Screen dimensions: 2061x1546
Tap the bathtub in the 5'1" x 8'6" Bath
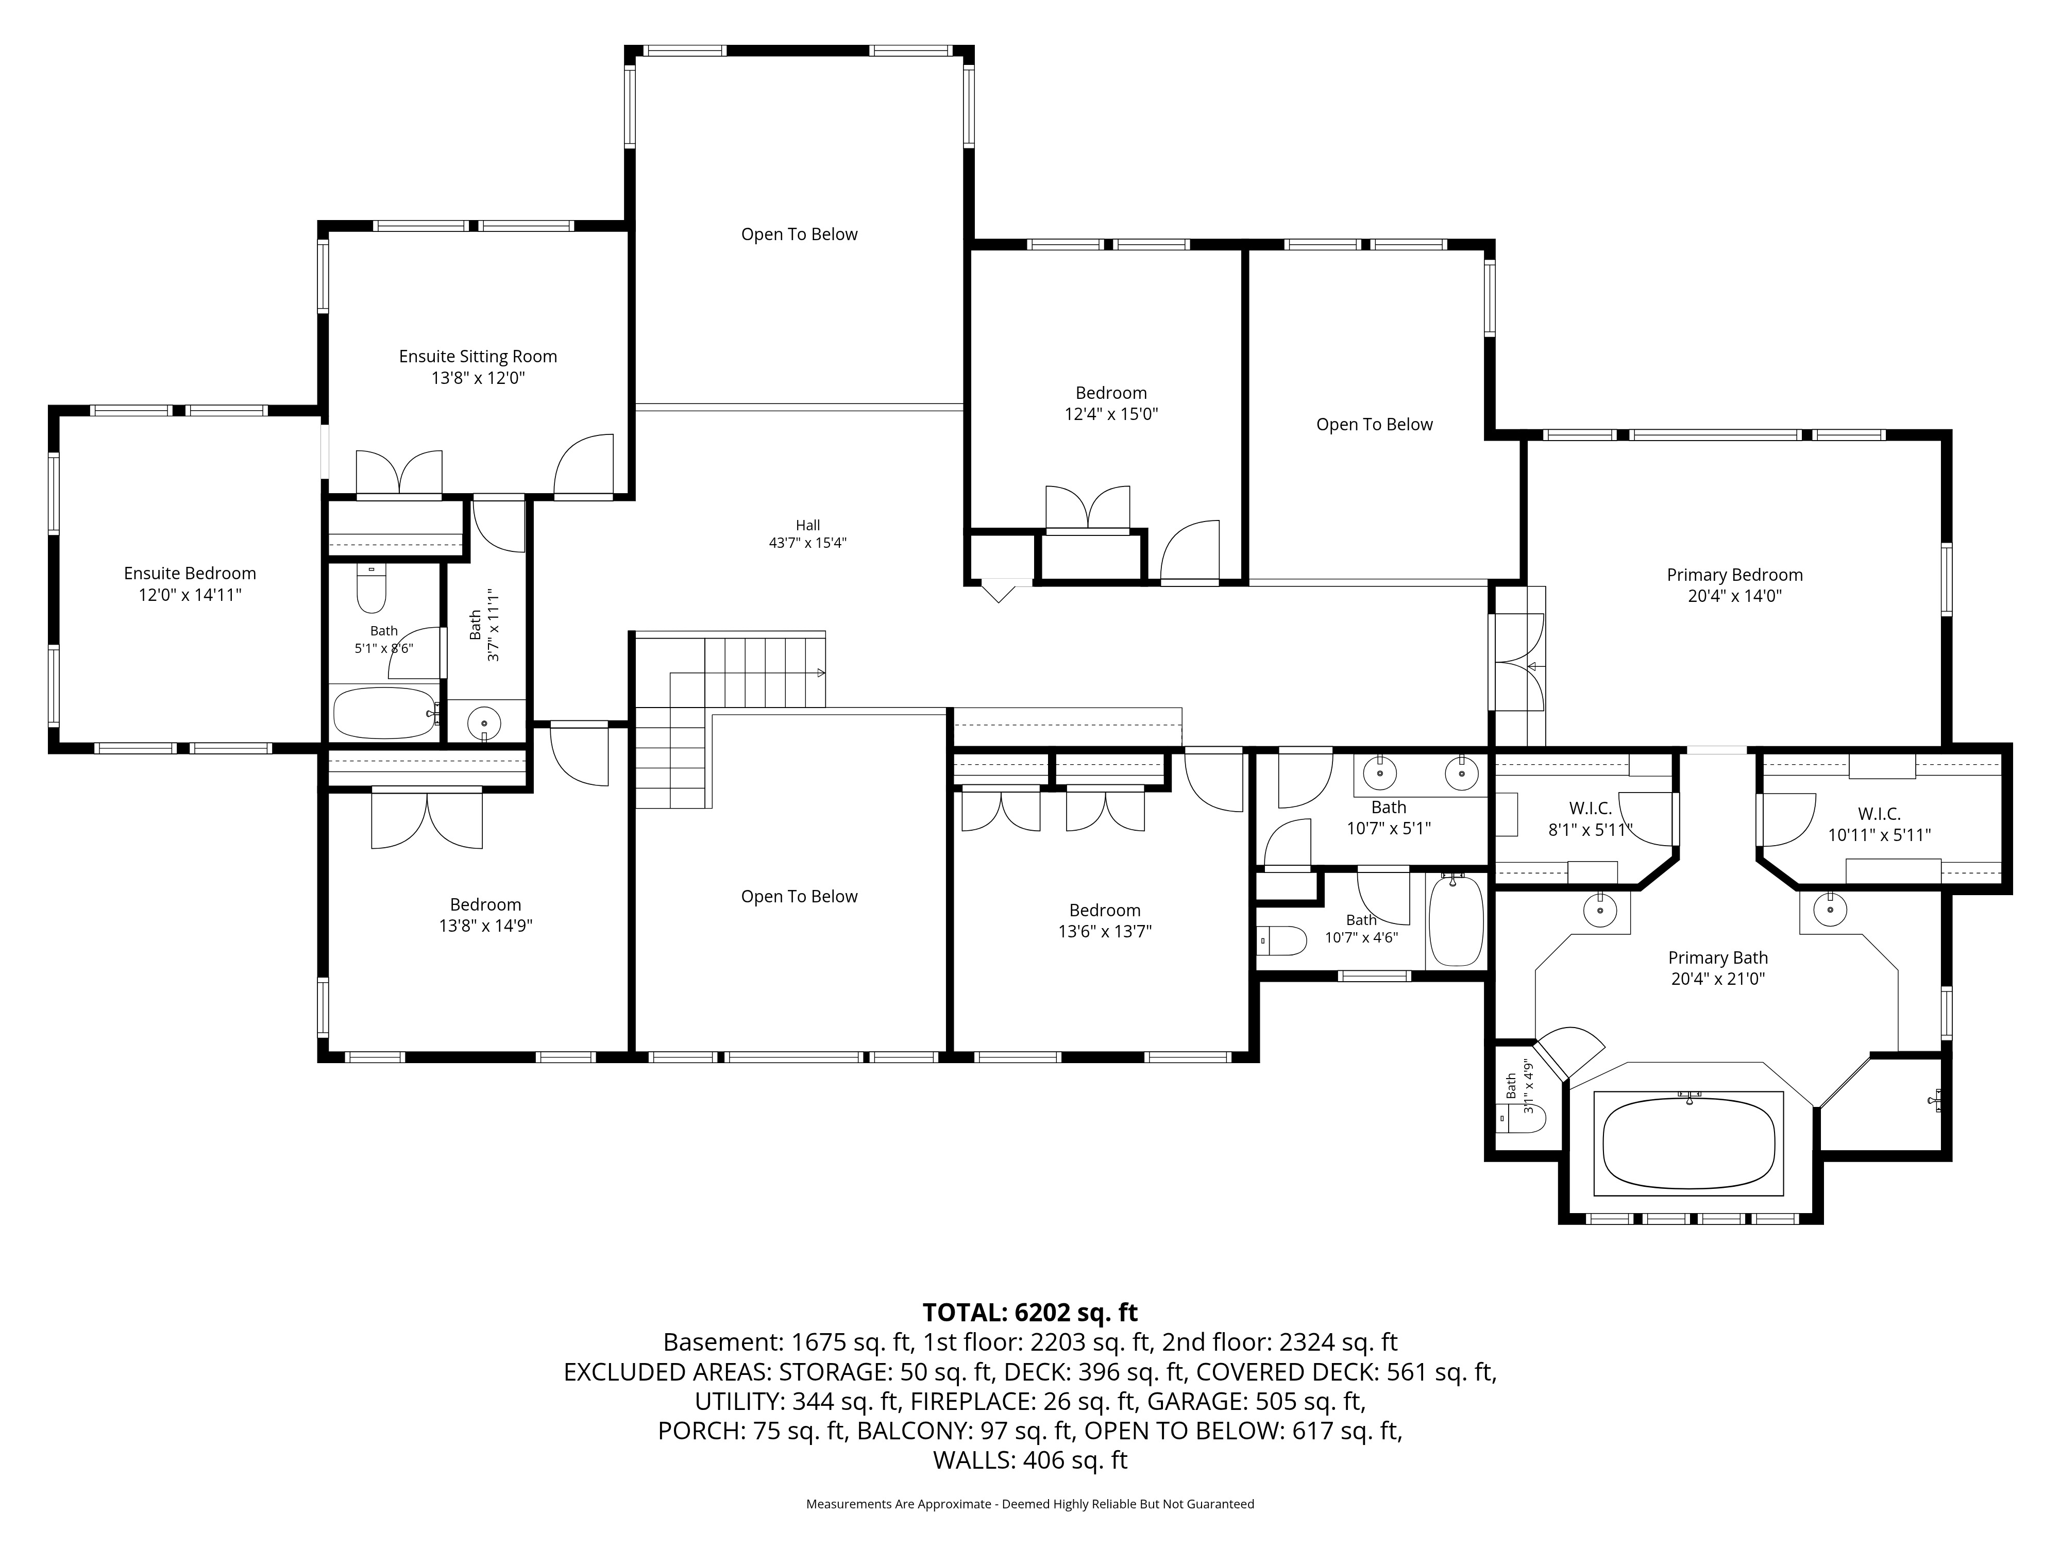384,713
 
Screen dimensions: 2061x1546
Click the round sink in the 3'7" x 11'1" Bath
484,722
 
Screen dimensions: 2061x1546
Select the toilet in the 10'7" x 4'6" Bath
1282,941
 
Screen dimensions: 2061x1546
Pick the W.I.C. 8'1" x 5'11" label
1590,819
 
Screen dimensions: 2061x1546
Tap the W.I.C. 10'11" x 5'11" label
1879,825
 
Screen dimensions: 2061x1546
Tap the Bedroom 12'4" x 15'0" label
1111,404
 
